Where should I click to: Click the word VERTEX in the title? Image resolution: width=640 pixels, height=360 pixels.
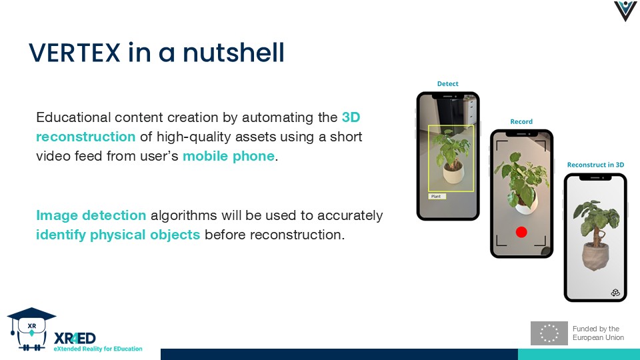coord(75,53)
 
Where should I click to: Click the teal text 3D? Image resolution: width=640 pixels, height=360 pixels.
coord(351,117)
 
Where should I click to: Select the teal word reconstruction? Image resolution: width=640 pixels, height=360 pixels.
coord(86,136)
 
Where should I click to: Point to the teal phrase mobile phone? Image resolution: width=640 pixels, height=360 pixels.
coord(229,156)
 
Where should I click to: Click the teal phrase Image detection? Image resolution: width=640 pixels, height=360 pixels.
coord(91,215)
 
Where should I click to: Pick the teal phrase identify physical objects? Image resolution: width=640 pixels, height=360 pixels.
coord(118,235)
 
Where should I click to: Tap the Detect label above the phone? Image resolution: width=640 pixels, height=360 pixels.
coord(448,84)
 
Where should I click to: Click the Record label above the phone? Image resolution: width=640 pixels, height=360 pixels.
coord(521,121)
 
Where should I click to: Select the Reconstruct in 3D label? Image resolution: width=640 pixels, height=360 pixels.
coord(595,165)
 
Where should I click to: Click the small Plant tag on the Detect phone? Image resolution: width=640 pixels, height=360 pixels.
coord(437,196)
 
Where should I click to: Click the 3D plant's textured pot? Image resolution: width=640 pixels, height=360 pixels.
coord(596,256)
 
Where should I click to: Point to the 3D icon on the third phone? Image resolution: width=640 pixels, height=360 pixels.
coord(615,292)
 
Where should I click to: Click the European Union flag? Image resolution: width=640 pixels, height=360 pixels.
coord(549,333)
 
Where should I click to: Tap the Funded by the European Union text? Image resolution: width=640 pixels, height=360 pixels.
coord(598,333)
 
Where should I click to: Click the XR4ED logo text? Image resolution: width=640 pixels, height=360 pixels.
coord(75,339)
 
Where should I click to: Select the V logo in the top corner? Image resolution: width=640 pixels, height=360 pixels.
coord(625,11)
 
